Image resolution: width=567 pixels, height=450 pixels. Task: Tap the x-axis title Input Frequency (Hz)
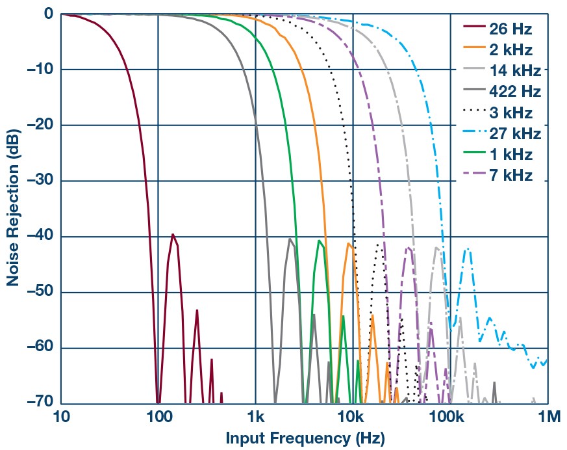[305, 438]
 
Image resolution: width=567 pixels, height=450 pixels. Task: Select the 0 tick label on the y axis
[48, 14]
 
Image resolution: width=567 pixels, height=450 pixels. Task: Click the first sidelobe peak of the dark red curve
[172, 234]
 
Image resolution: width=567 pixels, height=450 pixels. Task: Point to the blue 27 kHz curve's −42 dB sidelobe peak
[467, 249]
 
